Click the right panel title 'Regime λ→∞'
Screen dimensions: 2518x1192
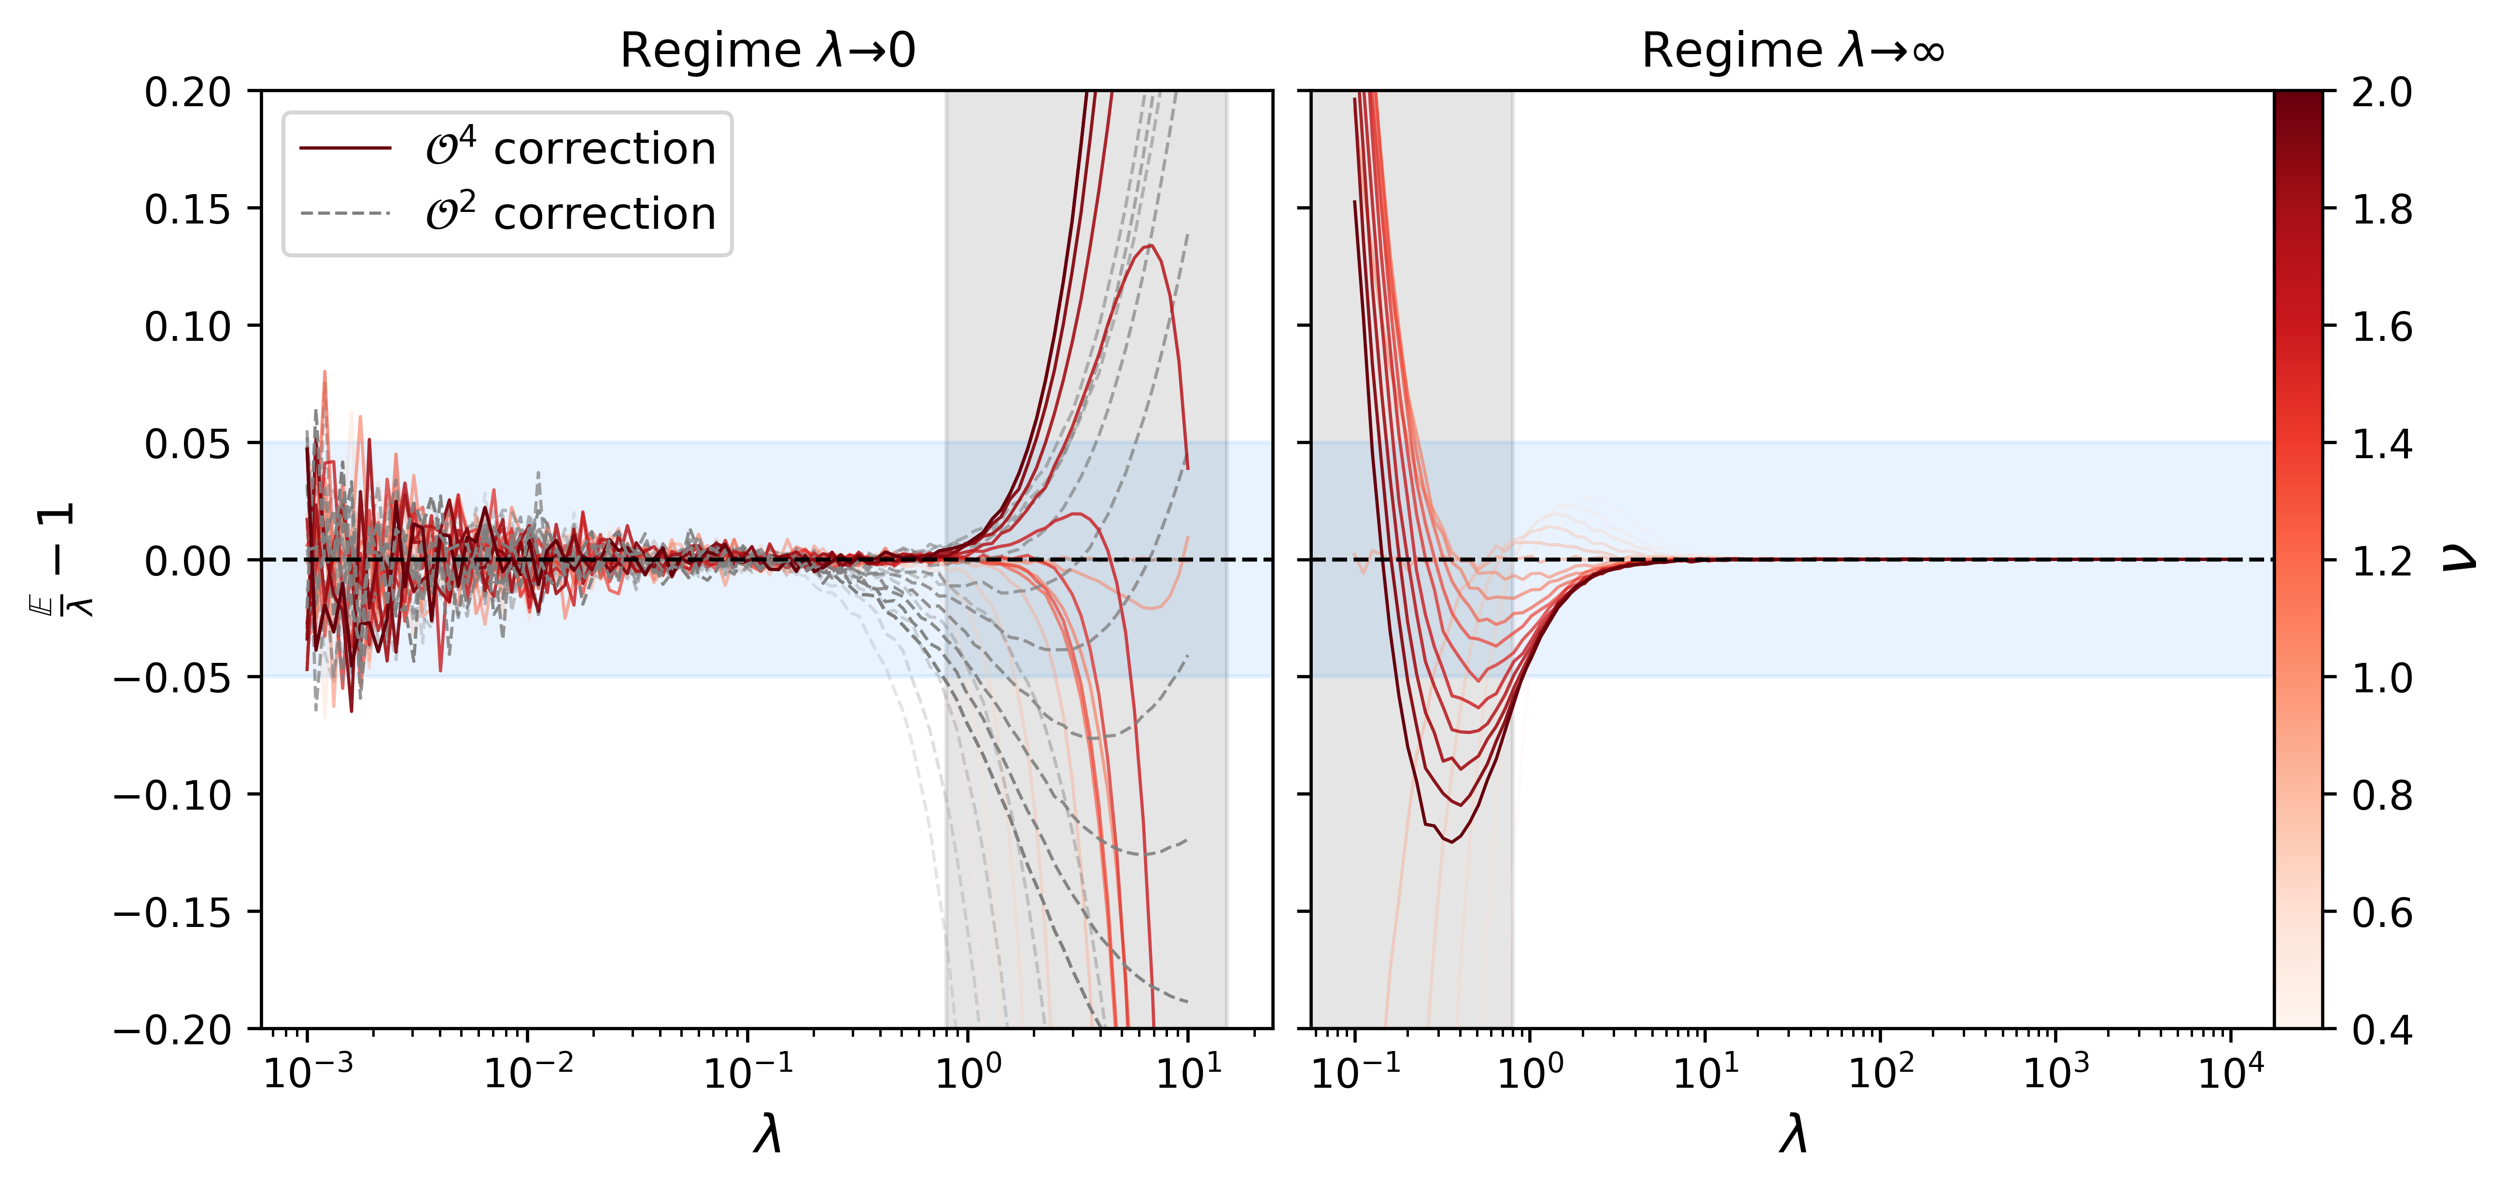coord(1793,51)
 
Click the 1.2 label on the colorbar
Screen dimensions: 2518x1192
coord(2382,561)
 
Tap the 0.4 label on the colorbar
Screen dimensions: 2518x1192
coord(2382,1029)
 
